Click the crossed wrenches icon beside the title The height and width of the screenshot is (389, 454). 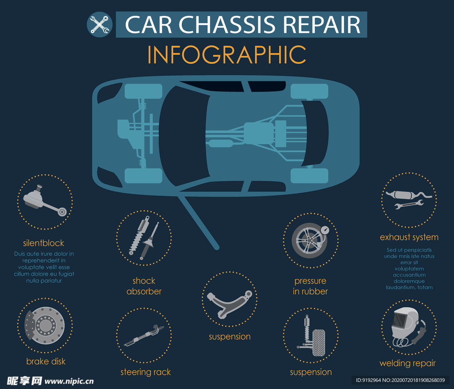100,25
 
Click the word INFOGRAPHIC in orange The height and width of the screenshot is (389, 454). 227,54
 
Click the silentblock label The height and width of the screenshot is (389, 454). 43,243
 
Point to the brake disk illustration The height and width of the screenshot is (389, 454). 45,325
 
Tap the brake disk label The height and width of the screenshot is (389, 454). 46,362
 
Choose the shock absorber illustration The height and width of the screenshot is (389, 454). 144,237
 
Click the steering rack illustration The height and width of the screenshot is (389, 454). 144,335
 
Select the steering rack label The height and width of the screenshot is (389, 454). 145,372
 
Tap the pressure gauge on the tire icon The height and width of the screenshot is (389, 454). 325,230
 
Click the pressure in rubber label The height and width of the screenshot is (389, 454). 310,286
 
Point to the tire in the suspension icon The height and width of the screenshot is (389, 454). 319,342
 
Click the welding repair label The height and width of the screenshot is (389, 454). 408,363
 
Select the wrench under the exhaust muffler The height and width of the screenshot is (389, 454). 409,205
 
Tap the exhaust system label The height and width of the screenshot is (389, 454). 409,237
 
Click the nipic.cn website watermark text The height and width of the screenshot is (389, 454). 69,381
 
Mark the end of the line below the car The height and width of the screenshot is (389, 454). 216,248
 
